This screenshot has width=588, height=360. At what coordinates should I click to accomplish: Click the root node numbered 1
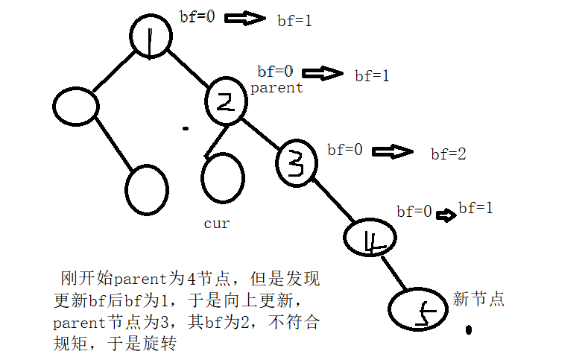[x=151, y=35]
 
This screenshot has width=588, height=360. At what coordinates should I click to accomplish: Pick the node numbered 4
[x=369, y=238]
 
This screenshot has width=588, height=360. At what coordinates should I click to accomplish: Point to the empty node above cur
[x=223, y=178]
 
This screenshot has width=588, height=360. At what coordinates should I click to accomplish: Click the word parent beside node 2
[x=276, y=88]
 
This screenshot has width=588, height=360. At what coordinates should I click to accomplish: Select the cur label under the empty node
[x=216, y=223]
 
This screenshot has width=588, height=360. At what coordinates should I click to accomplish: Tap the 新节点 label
[x=479, y=300]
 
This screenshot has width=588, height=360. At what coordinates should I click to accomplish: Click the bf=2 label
[x=449, y=155]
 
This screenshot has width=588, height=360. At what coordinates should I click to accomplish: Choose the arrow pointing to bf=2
[x=393, y=152]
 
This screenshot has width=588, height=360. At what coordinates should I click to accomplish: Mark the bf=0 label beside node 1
[x=197, y=16]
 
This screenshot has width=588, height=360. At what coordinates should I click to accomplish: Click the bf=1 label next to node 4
[x=475, y=208]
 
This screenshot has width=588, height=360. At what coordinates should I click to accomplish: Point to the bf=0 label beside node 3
[x=345, y=150]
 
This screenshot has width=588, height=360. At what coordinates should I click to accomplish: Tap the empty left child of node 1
[x=76, y=107]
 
